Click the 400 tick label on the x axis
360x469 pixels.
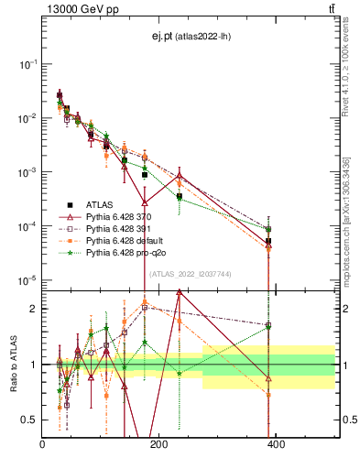pyautogui.click(x=276, y=445)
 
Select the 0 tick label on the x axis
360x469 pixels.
pyautogui.click(x=42, y=445)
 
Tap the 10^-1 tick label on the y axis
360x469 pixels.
pyautogui.click(x=28, y=64)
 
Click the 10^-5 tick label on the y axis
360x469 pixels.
pyautogui.click(x=28, y=279)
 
